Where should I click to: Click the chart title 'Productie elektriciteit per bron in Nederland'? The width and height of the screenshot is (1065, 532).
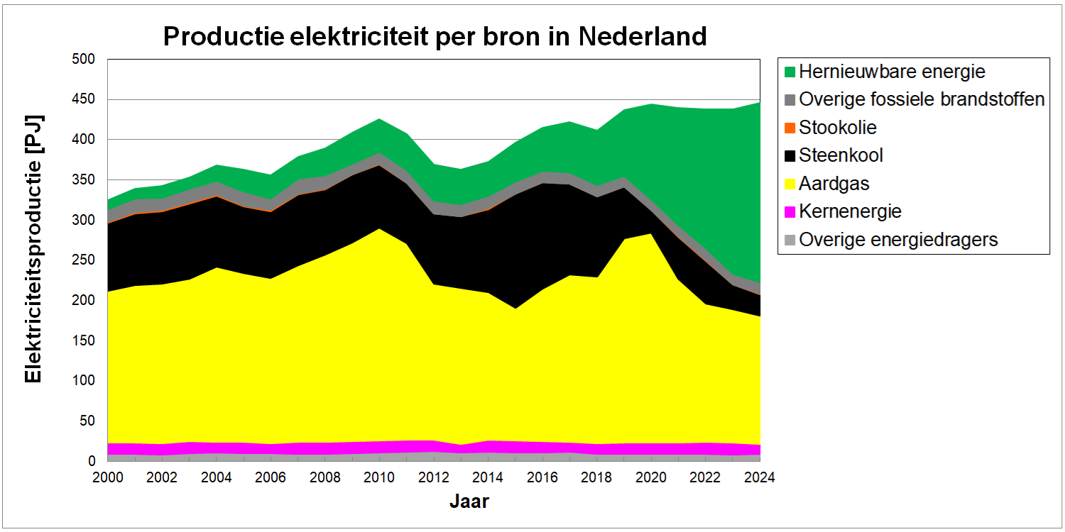pyautogui.click(x=435, y=35)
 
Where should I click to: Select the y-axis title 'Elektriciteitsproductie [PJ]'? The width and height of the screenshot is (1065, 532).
pyautogui.click(x=33, y=248)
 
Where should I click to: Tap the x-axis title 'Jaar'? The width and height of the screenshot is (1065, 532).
pyautogui.click(x=469, y=501)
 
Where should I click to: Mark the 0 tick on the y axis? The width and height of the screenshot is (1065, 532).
pyautogui.click(x=91, y=461)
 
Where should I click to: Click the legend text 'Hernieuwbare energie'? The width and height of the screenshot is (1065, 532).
pyautogui.click(x=892, y=72)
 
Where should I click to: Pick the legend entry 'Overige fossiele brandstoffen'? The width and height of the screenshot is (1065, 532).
pyautogui.click(x=922, y=99)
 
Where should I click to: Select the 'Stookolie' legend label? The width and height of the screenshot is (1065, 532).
pyautogui.click(x=838, y=128)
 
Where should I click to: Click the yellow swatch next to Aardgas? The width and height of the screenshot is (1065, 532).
pyautogui.click(x=790, y=184)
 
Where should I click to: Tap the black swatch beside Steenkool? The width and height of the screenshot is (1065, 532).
pyautogui.click(x=790, y=156)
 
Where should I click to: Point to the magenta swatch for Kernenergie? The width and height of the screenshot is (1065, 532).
pyautogui.click(x=790, y=212)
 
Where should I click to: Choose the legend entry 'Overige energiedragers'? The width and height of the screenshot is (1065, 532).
pyautogui.click(x=898, y=240)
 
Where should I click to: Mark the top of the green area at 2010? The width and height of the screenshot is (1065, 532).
pyautogui.click(x=378, y=119)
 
